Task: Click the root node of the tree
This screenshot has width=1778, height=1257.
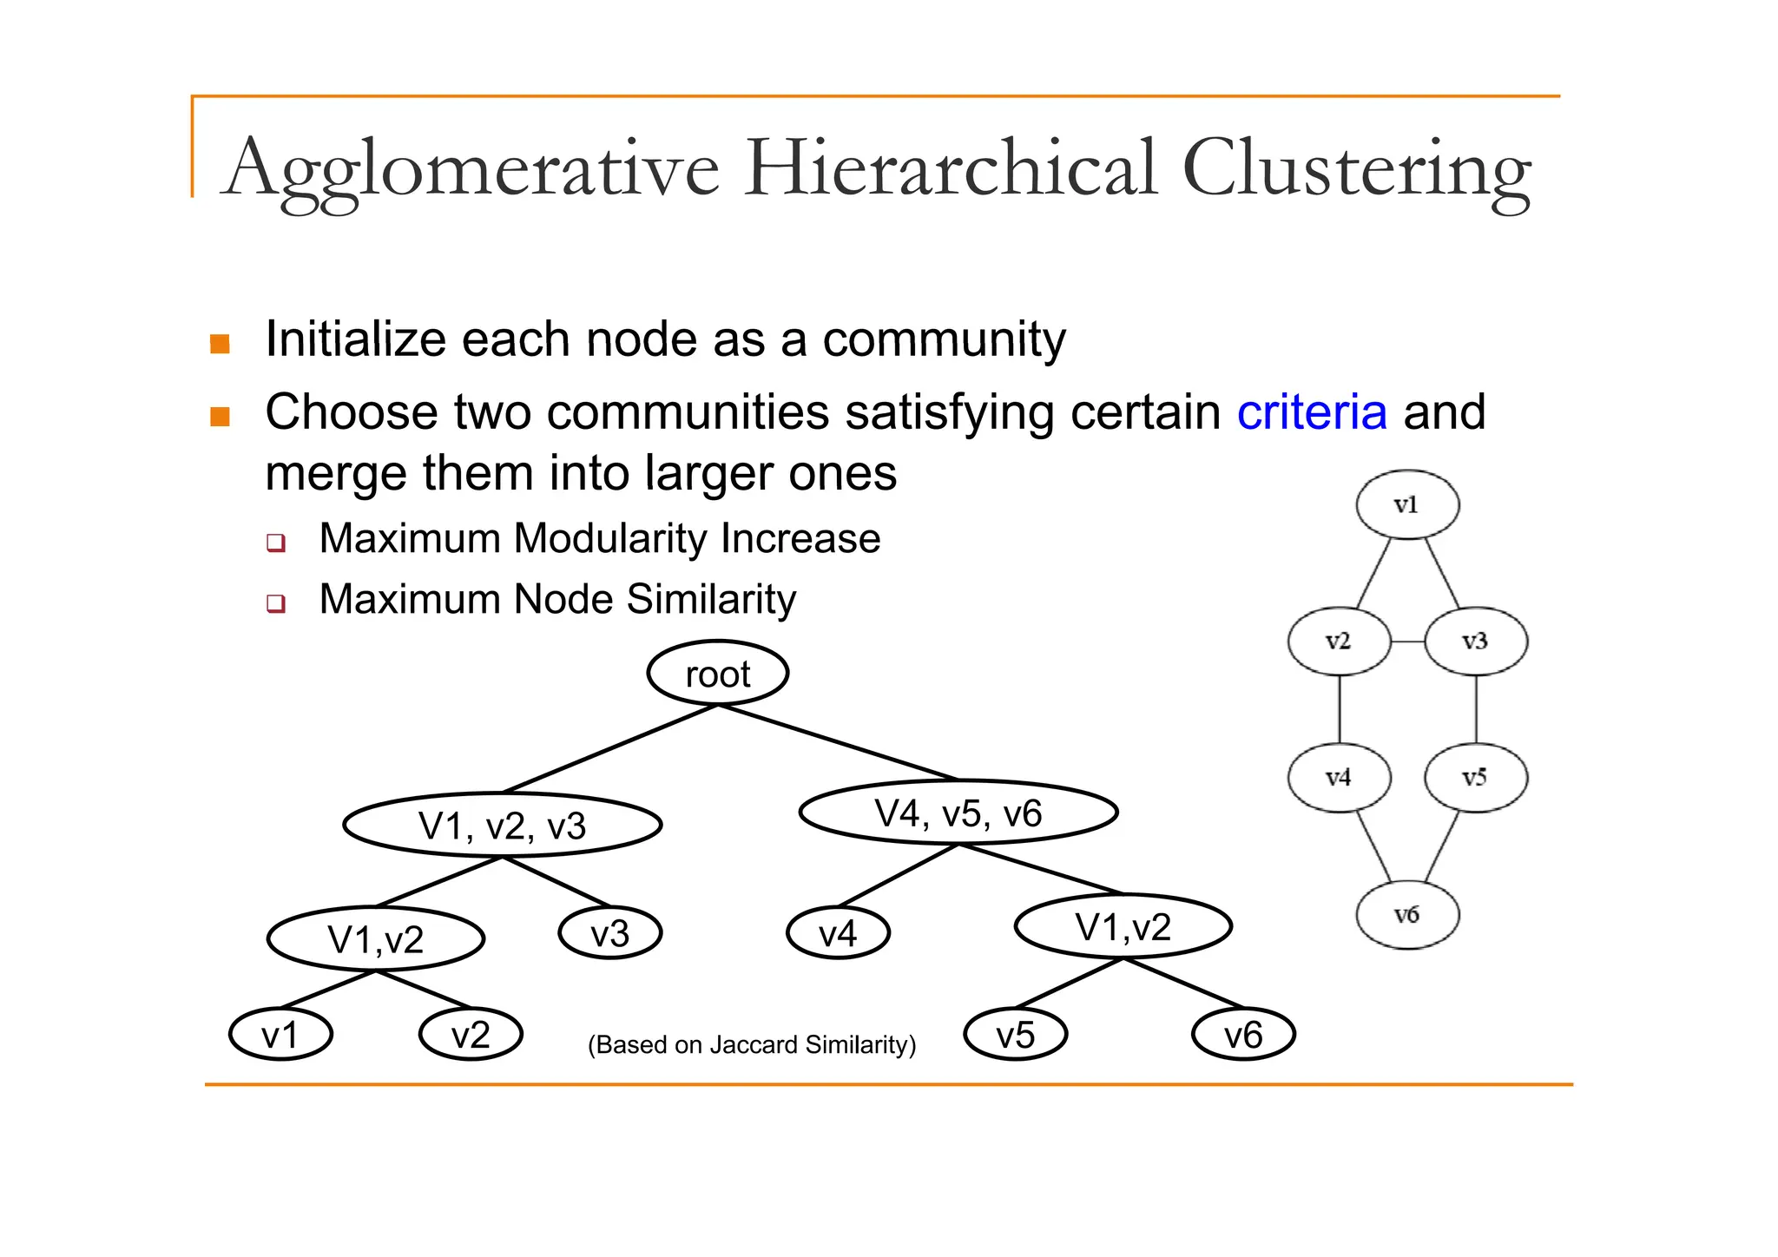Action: click(x=717, y=674)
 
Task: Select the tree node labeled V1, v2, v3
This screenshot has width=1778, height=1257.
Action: click(x=503, y=825)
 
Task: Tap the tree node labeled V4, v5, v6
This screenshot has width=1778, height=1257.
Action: click(x=958, y=813)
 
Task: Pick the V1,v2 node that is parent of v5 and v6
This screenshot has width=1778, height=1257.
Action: click(x=1123, y=926)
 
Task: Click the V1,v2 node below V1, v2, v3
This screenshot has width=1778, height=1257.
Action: click(x=376, y=938)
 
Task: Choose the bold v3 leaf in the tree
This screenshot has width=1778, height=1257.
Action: click(x=609, y=933)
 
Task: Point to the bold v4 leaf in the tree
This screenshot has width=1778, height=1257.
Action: click(x=838, y=933)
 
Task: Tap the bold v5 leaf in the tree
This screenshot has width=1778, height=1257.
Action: click(x=1015, y=1034)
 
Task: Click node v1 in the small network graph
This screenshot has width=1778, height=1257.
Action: click(x=1406, y=504)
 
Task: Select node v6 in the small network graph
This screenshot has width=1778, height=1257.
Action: click(x=1406, y=914)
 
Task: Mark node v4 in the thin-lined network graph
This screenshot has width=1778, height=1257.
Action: click(x=1339, y=777)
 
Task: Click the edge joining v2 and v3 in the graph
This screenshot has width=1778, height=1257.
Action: click(x=1407, y=642)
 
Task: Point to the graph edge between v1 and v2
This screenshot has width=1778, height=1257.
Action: click(x=1374, y=573)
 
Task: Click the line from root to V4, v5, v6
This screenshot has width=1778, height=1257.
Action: click(x=838, y=742)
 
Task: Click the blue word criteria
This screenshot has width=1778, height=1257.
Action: click(x=1311, y=412)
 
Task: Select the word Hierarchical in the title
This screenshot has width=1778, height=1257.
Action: click(x=951, y=168)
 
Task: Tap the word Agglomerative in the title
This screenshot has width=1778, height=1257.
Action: click(x=471, y=168)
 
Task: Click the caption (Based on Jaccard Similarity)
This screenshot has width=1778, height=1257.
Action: click(x=752, y=1044)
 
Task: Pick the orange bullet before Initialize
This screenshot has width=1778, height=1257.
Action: click(x=221, y=344)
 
